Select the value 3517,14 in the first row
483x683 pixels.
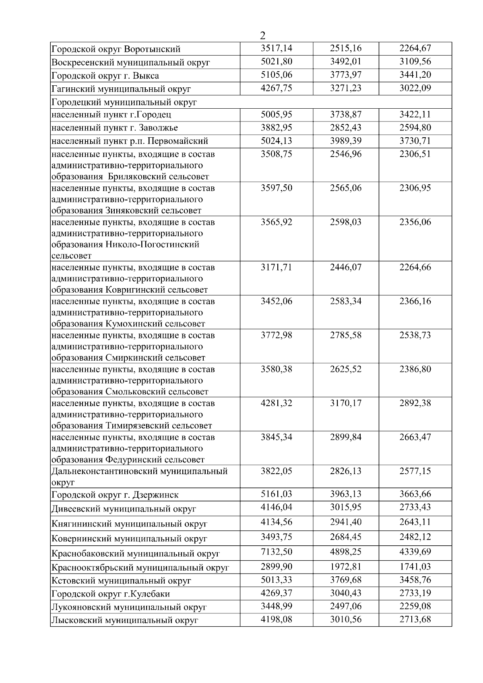click(x=276, y=48)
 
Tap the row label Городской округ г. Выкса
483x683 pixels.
click(x=105, y=76)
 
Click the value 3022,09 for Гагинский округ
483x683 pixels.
click(x=415, y=88)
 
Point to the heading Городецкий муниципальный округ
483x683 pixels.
click(x=124, y=102)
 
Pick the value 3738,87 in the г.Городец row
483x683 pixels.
click(x=345, y=114)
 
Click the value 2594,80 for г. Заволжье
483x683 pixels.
click(x=415, y=128)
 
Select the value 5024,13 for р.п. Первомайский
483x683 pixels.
click(x=276, y=141)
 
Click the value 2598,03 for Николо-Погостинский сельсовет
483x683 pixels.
click(x=345, y=222)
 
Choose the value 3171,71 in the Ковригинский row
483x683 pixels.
click(x=276, y=267)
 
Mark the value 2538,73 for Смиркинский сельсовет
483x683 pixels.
click(x=415, y=335)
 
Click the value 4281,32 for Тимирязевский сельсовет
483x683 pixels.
click(x=276, y=403)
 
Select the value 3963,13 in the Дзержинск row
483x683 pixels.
click(x=345, y=494)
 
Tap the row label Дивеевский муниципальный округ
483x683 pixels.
click(x=124, y=509)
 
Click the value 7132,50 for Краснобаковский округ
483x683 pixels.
click(x=276, y=552)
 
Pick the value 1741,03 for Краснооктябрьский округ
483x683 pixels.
click(x=415, y=567)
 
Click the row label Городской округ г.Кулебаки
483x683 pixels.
click(x=111, y=594)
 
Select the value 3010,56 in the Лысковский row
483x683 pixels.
click(x=345, y=619)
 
